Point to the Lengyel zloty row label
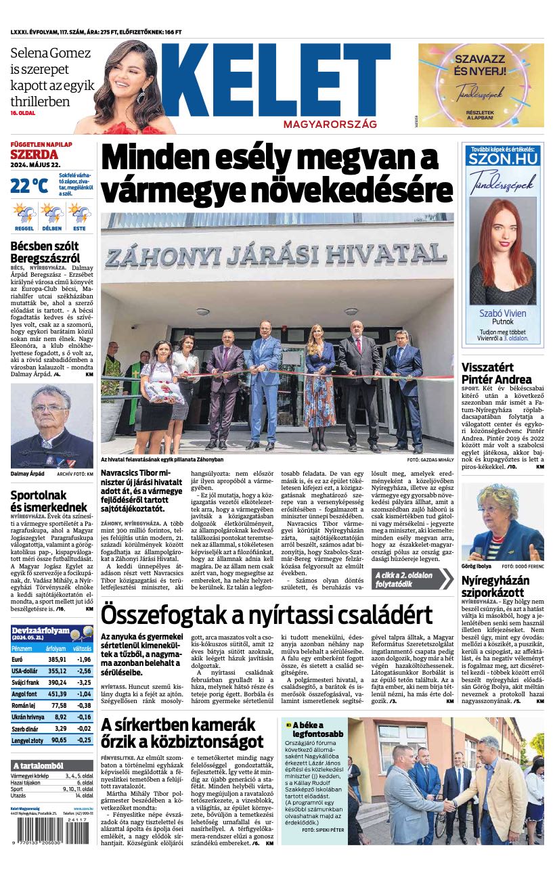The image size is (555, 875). point(27,740)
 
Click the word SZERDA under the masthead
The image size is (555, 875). point(30,154)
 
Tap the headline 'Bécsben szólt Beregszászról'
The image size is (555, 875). point(45,252)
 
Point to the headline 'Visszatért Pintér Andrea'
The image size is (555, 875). point(497,374)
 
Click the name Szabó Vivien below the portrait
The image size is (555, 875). point(502,313)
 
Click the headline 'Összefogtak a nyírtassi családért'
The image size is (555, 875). point(267,615)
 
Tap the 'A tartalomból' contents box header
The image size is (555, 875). point(38,765)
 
